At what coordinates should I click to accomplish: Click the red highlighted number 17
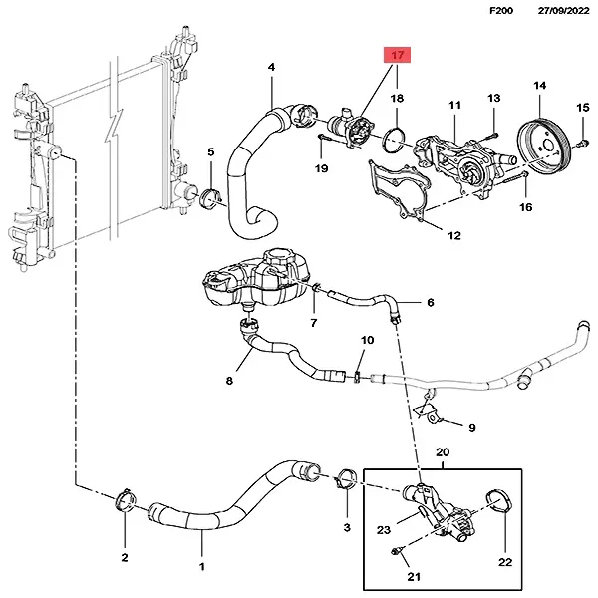point(397,57)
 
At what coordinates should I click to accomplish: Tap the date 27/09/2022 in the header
point(558,11)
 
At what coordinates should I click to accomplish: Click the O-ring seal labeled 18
point(395,138)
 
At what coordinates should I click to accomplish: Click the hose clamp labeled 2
point(127,498)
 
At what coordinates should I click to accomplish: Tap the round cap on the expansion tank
point(275,264)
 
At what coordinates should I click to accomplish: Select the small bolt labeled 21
point(398,550)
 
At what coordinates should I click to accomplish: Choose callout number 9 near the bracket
point(471,428)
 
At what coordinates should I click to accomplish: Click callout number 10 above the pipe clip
point(367,341)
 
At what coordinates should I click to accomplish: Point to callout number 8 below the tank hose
point(229,380)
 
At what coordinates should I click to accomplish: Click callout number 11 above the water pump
point(454,105)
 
